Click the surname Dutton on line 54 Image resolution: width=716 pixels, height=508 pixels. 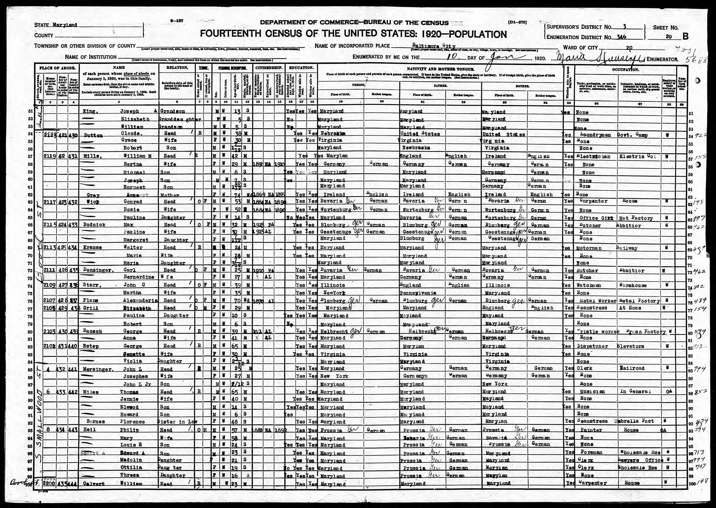click(x=93, y=135)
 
